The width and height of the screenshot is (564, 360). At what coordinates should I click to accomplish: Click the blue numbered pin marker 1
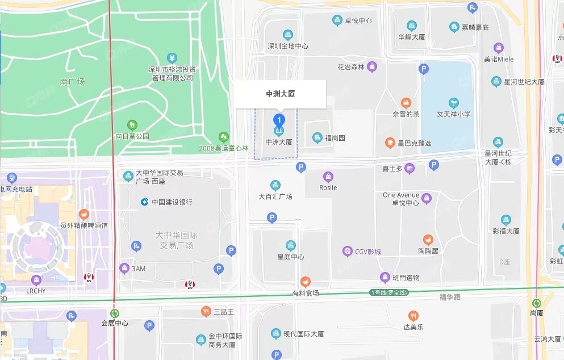tap(279, 120)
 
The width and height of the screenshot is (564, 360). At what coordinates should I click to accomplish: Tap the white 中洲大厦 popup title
tap(281, 94)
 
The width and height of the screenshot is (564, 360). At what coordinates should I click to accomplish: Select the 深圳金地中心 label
tap(287, 46)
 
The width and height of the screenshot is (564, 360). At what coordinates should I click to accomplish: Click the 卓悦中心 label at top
tap(358, 20)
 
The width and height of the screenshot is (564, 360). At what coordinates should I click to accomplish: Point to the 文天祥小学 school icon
tap(453, 103)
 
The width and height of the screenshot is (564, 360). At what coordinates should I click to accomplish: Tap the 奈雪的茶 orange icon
tap(406, 103)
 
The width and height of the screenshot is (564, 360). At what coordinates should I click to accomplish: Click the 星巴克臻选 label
tap(414, 142)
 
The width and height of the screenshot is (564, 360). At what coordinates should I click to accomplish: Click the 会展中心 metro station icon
tap(115, 313)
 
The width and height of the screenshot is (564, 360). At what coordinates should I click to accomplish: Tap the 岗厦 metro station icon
tap(537, 303)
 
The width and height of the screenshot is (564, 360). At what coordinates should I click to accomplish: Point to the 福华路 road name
tap(450, 296)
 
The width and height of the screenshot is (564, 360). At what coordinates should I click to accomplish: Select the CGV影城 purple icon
tap(347, 251)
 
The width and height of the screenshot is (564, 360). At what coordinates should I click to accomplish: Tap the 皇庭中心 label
tap(290, 257)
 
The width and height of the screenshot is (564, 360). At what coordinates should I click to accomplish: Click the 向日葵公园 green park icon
tap(132, 124)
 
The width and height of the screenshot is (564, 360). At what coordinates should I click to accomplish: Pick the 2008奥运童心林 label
tap(224, 148)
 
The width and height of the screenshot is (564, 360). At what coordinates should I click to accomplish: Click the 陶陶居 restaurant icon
tap(428, 240)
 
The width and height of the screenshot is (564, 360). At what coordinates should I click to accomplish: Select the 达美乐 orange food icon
tap(413, 316)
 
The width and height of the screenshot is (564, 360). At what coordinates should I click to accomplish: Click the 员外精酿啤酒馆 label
tap(84, 225)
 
